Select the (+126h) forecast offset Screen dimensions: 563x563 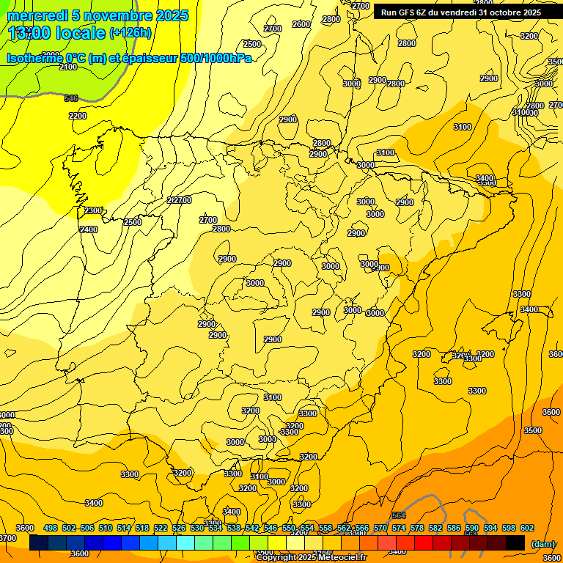(130, 32)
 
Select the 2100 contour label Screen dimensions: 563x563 (68, 67)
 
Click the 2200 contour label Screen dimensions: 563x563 (78, 116)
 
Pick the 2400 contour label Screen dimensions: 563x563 (89, 229)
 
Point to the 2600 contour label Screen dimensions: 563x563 (301, 24)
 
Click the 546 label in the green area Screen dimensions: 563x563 (71, 98)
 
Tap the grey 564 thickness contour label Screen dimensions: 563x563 (399, 516)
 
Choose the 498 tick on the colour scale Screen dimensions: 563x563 (51, 528)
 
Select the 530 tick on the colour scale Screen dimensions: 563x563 (197, 528)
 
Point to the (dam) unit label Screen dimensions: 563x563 (543, 543)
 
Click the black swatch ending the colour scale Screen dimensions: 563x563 (515, 542)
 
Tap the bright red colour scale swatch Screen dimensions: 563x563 (424, 542)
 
